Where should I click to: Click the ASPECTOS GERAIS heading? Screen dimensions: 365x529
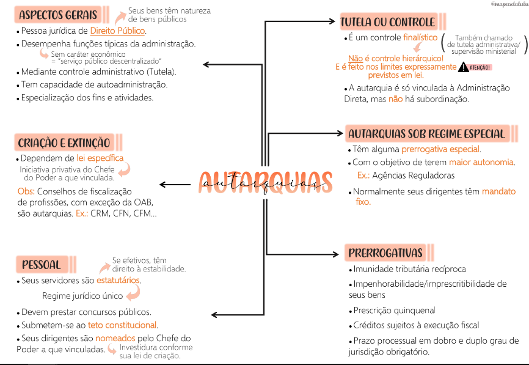(x=57, y=15)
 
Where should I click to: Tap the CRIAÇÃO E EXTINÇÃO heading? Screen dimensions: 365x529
(x=64, y=142)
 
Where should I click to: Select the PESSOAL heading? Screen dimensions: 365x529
(x=42, y=265)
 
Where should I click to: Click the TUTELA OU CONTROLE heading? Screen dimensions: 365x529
(x=387, y=23)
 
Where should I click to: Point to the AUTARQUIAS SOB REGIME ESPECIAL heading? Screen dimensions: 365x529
(x=426, y=134)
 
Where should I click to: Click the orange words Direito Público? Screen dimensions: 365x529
(x=117, y=31)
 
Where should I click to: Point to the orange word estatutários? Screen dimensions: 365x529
(x=119, y=281)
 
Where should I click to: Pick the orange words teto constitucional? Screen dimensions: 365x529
(x=122, y=325)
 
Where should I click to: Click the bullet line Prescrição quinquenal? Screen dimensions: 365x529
(x=394, y=310)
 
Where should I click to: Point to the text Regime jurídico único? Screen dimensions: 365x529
(x=82, y=296)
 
